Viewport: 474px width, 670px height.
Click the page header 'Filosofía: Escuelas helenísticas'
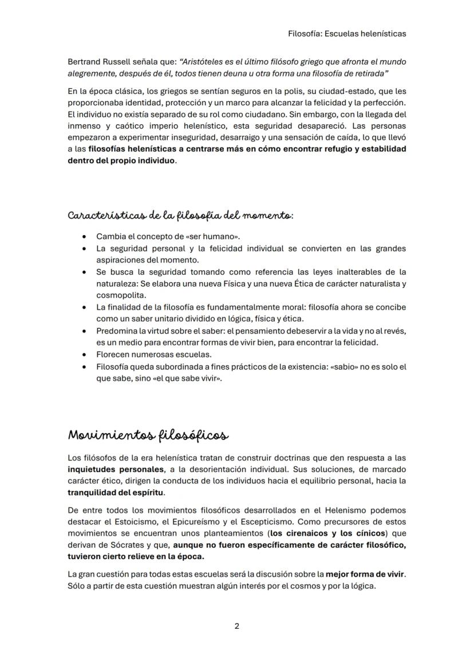pyautogui.click(x=347, y=34)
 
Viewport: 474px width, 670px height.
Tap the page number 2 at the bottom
pyautogui.click(x=237, y=626)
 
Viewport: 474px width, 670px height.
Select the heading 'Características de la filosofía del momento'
pyautogui.click(x=181, y=216)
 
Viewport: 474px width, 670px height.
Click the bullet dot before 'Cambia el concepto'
pyautogui.click(x=85, y=237)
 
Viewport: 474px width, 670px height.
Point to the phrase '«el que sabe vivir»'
pyautogui.click(x=187, y=378)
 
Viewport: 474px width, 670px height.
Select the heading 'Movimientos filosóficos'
pyautogui.click(x=148, y=435)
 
